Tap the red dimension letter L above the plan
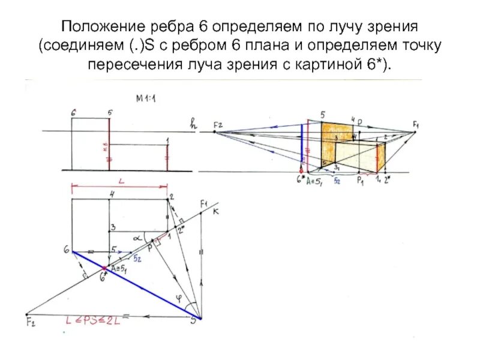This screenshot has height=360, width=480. (121, 180)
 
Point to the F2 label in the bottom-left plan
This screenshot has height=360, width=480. (29, 325)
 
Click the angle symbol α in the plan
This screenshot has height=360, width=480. (137, 238)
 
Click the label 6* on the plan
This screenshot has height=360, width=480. (103, 278)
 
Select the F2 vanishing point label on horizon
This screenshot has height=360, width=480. (218, 124)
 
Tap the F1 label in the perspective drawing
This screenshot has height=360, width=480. (415, 124)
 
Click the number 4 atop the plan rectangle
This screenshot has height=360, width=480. (111, 194)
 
